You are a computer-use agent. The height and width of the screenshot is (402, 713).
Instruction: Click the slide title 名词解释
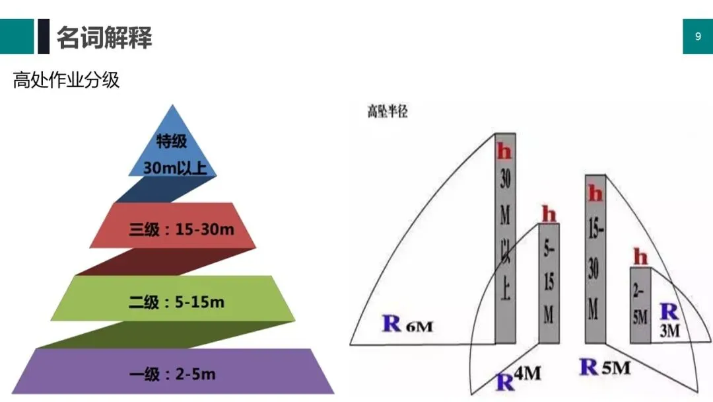(x=104, y=37)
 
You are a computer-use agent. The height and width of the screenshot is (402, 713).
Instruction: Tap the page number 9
(x=698, y=37)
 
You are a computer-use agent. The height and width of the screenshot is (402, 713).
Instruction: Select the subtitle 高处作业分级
(x=66, y=81)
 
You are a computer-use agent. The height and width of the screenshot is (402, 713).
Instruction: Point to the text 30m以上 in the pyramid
(x=175, y=168)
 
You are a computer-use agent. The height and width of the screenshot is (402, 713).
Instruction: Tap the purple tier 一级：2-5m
(x=172, y=374)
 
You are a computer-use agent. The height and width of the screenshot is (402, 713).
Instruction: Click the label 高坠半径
(x=388, y=112)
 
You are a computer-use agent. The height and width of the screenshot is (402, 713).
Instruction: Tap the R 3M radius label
(x=669, y=320)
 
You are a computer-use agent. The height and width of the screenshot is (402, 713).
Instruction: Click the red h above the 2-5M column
(x=640, y=257)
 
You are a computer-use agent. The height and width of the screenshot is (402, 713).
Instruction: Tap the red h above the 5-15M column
(x=549, y=214)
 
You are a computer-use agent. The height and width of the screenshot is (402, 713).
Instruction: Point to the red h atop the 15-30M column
(x=595, y=194)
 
